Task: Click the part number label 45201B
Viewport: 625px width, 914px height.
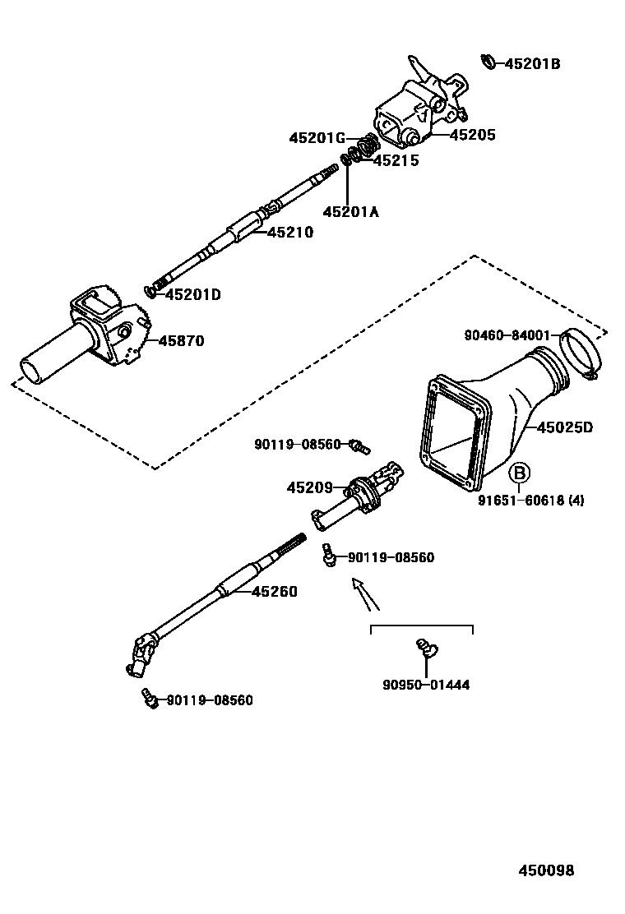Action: (x=532, y=63)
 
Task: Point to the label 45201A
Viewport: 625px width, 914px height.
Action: (x=350, y=212)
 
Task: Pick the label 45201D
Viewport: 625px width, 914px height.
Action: (x=193, y=294)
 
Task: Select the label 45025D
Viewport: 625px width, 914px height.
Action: (x=565, y=427)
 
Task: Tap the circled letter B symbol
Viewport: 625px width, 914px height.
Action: (x=519, y=473)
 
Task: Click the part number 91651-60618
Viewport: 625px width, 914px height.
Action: (x=530, y=499)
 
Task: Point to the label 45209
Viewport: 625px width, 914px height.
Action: (x=310, y=487)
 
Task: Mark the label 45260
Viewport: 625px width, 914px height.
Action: (x=274, y=591)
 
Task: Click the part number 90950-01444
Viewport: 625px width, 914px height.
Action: (x=426, y=685)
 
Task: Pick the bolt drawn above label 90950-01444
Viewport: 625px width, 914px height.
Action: (x=425, y=649)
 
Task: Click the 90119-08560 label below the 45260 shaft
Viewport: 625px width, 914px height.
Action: (x=210, y=700)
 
